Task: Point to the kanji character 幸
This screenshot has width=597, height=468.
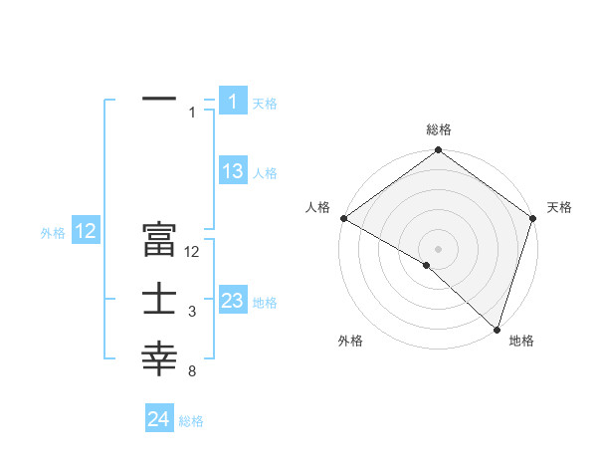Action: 159,359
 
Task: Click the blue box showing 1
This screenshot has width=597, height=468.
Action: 232,101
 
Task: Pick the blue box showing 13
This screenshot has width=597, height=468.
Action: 232,171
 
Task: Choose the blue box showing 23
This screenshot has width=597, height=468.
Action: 232,301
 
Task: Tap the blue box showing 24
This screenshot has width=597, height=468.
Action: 158,419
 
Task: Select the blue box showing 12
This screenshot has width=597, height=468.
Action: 86,231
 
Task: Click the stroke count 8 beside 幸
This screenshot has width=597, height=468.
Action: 191,372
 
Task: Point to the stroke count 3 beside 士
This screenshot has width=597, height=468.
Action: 191,313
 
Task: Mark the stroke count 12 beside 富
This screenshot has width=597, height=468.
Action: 193,253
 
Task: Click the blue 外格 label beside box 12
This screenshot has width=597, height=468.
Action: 53,233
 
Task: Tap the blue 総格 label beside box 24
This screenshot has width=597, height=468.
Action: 191,421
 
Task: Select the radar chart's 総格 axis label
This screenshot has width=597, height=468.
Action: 438,129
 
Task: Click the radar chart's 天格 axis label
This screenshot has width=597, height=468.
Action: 559,207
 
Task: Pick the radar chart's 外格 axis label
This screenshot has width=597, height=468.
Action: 350,341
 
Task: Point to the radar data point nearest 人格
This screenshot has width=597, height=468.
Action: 343,218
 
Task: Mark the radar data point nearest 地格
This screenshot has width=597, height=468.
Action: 497,329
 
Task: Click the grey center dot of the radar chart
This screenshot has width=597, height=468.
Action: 438,248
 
